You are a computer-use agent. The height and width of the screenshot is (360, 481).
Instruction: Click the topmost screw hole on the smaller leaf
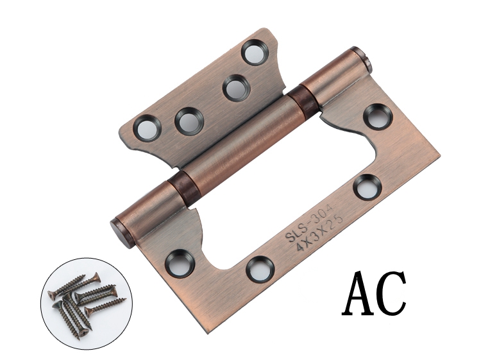point(255,51)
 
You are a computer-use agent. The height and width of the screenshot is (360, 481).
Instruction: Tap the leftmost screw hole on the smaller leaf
point(147,128)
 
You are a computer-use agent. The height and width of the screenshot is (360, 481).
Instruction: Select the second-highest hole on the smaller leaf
point(236,87)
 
